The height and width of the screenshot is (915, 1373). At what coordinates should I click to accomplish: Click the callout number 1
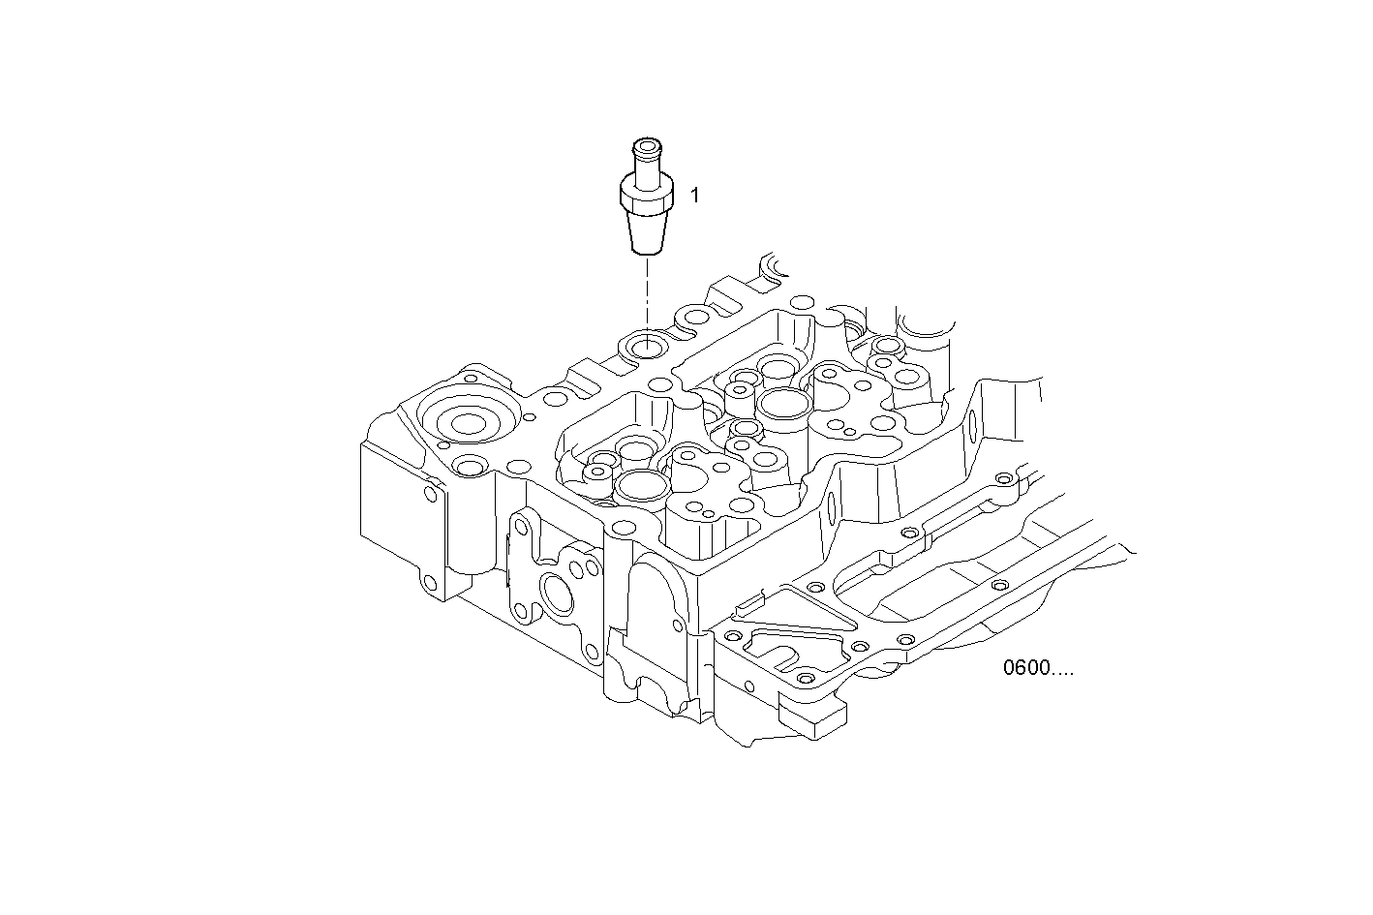tap(694, 195)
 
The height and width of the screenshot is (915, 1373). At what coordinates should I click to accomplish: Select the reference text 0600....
tap(1038, 669)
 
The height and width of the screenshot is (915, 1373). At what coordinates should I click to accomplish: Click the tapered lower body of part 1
tap(645, 232)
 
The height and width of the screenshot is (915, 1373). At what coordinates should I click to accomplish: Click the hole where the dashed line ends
tap(645, 345)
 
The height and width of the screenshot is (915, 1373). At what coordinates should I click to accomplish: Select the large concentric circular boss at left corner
tap(468, 422)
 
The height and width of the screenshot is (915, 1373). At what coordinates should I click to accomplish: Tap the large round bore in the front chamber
tap(638, 484)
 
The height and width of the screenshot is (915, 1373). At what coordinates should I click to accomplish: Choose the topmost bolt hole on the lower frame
tap(1004, 479)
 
